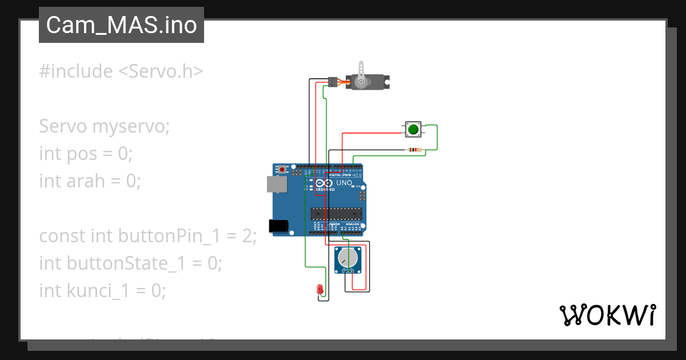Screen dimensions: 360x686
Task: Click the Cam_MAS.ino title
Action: [x=121, y=25]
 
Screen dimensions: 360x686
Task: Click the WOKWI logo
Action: [x=607, y=315]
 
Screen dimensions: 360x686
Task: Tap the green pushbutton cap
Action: [x=413, y=130]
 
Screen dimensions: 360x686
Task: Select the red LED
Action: [x=320, y=290]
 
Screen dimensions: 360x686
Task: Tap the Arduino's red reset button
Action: [x=282, y=169]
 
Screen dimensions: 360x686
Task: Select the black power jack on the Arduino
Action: [x=278, y=226]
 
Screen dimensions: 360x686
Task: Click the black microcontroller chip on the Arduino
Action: [x=336, y=214]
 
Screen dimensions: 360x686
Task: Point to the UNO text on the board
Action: [x=344, y=183]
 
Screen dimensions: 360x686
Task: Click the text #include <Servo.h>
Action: [x=121, y=71]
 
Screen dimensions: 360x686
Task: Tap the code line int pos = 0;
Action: [x=86, y=154]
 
